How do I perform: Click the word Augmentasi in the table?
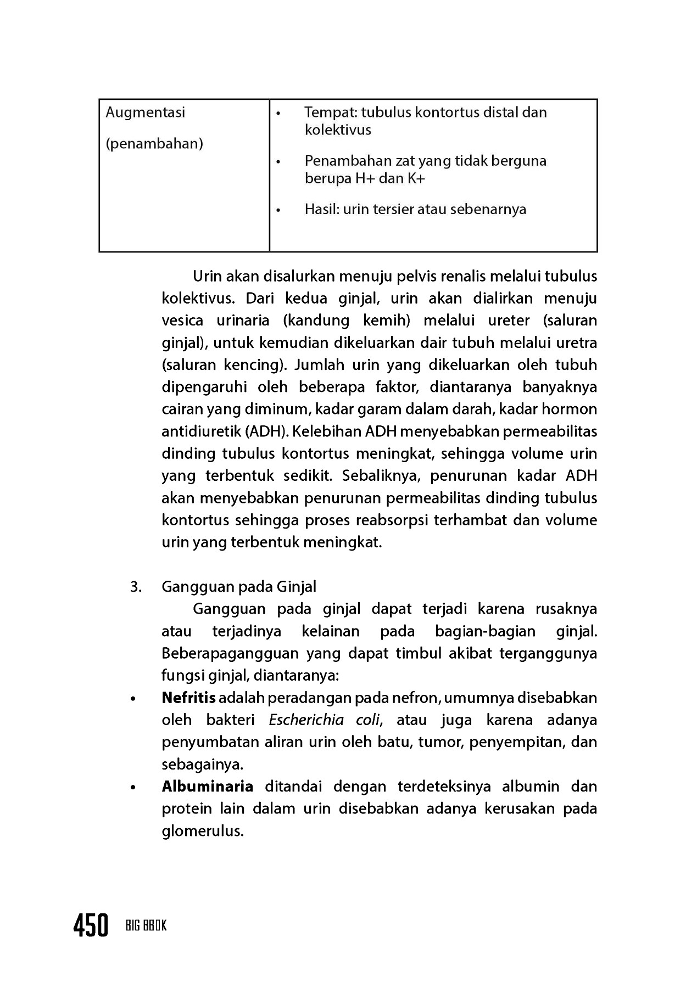point(145,113)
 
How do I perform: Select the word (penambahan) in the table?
point(154,144)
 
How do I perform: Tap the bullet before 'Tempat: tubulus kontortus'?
point(278,114)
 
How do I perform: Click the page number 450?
point(91,927)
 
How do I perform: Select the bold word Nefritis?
point(188,698)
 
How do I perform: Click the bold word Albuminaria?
point(207,787)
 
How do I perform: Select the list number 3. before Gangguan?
point(136,587)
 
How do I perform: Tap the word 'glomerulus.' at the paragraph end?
point(202,831)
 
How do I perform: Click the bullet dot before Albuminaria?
point(132,788)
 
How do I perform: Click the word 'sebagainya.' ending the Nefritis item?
point(202,764)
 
